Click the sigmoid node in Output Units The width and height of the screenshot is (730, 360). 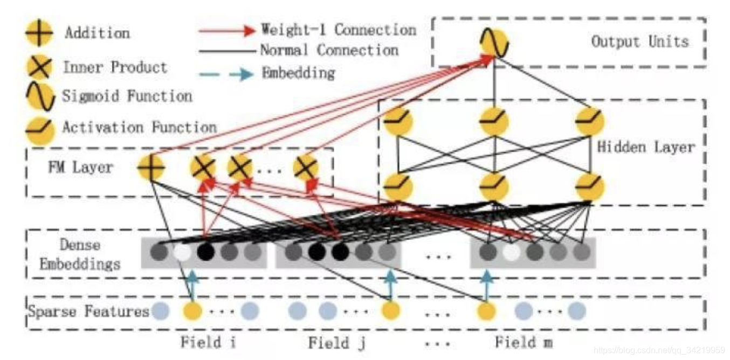[494, 44]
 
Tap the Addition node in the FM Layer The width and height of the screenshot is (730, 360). [151, 168]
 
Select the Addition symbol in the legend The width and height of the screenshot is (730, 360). [39, 33]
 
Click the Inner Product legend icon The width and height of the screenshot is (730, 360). [39, 68]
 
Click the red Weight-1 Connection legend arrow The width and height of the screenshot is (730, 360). [226, 30]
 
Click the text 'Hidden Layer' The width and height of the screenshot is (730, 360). [646, 147]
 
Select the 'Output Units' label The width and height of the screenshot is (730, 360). [640, 41]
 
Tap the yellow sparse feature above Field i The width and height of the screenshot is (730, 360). [192, 311]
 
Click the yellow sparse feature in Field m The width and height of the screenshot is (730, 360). [487, 311]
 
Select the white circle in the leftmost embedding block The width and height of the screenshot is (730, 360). [182, 252]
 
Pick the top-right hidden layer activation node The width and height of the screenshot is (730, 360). [589, 121]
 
